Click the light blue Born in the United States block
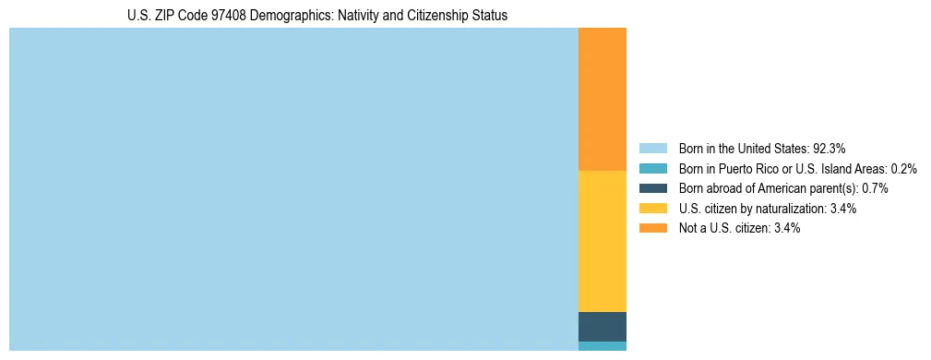coord(293,189)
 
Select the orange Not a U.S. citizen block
coord(602,100)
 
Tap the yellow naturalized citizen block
coord(602,241)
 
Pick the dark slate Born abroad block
coord(602,327)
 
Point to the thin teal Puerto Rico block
coord(602,346)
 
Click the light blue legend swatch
coord(652,148)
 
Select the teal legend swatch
coord(652,168)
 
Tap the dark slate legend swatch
coord(652,188)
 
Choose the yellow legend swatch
coord(652,209)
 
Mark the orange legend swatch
coord(652,228)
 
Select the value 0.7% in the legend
coord(875,188)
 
